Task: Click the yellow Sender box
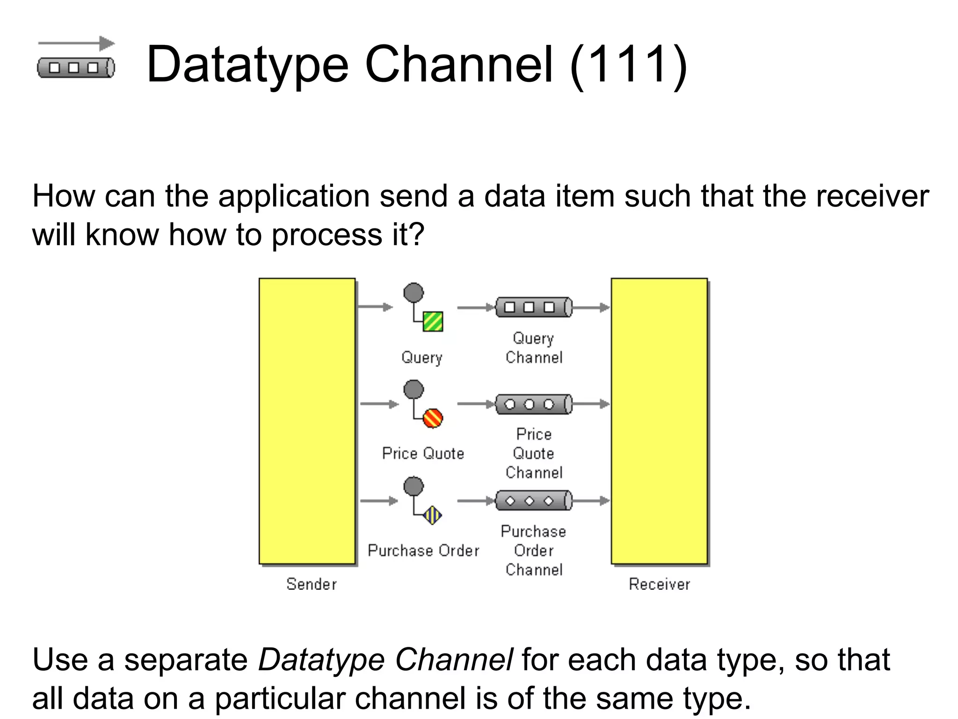tap(307, 421)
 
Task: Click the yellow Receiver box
tap(659, 421)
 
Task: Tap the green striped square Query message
tap(433, 322)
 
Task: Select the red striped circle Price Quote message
tap(433, 418)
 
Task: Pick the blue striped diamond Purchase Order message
tap(432, 515)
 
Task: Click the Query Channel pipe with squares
tap(534, 307)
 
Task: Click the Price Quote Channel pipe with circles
tap(534, 404)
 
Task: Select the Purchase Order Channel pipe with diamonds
tap(534, 501)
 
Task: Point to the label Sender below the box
tap(312, 584)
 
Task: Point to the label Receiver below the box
tap(659, 584)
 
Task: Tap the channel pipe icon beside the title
tap(76, 68)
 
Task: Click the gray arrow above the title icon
tap(76, 44)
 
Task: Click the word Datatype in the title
tap(247, 66)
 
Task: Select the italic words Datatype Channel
tap(385, 660)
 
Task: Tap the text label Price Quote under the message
tap(423, 453)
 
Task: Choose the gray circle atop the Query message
tap(414, 293)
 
